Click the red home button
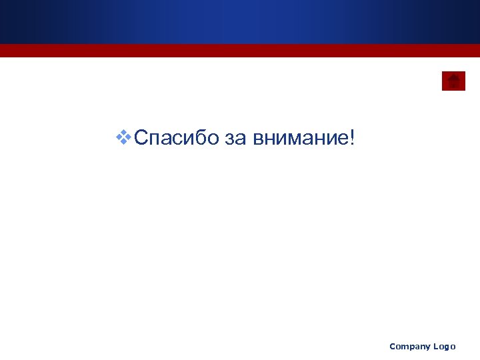click(x=453, y=81)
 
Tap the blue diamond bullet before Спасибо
click(x=123, y=138)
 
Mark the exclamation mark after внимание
click(x=351, y=138)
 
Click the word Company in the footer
click(x=409, y=347)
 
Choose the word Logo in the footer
click(x=444, y=347)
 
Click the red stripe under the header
click(x=240, y=51)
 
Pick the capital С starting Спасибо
click(x=141, y=138)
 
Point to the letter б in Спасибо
click(x=199, y=138)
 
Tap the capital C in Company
click(x=393, y=346)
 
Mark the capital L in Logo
click(x=435, y=346)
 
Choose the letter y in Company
click(x=427, y=348)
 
